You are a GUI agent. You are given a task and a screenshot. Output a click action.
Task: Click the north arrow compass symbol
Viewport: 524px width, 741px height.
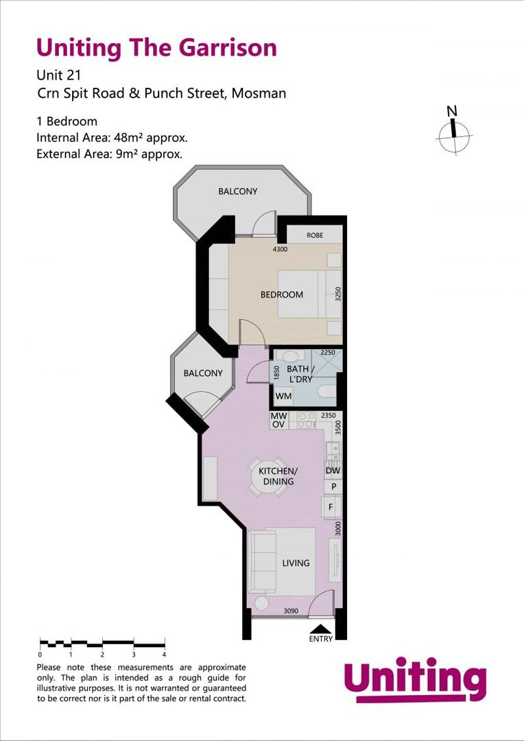pyautogui.click(x=453, y=130)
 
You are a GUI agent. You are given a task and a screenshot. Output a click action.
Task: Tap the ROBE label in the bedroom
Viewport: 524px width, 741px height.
pyautogui.click(x=315, y=235)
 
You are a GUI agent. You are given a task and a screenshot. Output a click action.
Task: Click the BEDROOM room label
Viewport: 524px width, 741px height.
pyautogui.click(x=281, y=295)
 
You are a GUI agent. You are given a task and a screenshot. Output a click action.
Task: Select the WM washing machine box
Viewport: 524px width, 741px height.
pyautogui.click(x=283, y=397)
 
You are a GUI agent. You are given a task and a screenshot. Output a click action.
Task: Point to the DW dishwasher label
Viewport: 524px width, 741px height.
pyautogui.click(x=333, y=471)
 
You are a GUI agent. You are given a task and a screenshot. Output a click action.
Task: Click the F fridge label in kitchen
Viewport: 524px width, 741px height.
pyautogui.click(x=332, y=507)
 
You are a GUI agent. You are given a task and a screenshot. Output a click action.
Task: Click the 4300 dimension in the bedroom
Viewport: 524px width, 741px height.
pyautogui.click(x=281, y=250)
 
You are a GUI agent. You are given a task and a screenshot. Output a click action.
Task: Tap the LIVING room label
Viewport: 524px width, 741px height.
pyautogui.click(x=296, y=563)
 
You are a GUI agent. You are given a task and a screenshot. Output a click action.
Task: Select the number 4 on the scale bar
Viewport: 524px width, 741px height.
pyautogui.click(x=164, y=655)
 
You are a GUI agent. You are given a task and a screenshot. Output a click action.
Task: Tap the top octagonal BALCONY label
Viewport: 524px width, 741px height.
pyautogui.click(x=238, y=191)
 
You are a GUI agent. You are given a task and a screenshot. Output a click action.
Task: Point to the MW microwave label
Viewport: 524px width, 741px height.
pyautogui.click(x=278, y=416)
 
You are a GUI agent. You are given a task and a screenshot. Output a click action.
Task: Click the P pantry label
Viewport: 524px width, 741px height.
pyautogui.click(x=333, y=486)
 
